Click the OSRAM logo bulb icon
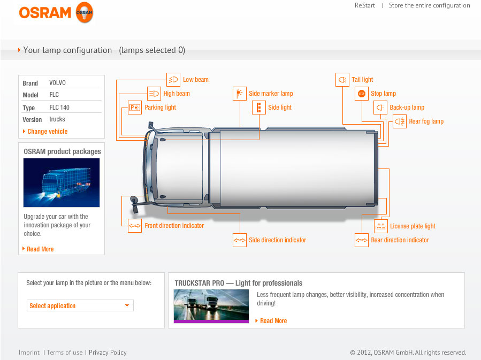(x=84, y=12)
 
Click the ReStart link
(x=365, y=5)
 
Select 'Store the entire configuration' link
(x=429, y=5)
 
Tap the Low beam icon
(x=173, y=80)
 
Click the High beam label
(x=177, y=94)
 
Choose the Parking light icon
(x=135, y=108)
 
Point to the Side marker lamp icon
(x=240, y=94)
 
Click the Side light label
(x=280, y=108)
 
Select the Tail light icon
(x=342, y=80)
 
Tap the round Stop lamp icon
(x=362, y=94)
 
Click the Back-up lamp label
(x=407, y=108)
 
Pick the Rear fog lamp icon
(x=400, y=121)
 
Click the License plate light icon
(x=381, y=226)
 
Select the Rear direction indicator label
(x=400, y=240)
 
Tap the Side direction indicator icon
(x=240, y=240)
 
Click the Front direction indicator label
(x=174, y=226)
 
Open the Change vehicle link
(x=47, y=132)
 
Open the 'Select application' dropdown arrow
(x=127, y=306)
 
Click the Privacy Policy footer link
(x=108, y=353)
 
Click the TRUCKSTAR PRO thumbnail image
(x=211, y=306)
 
